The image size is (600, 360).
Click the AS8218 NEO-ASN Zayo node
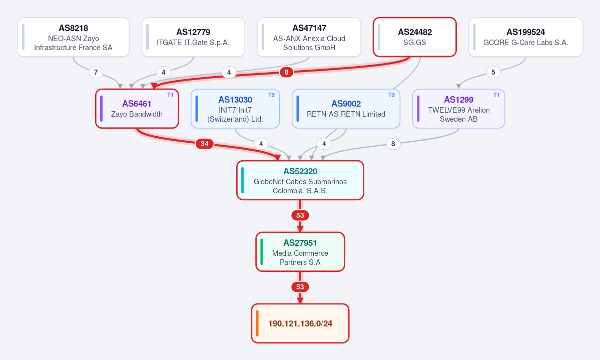click(74, 37)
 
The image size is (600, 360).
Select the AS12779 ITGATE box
click(193, 37)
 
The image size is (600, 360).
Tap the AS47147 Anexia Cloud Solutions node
click(309, 37)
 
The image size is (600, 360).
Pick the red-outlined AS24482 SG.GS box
click(415, 37)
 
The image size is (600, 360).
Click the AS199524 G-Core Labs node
click(526, 37)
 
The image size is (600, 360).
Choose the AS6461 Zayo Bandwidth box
click(137, 109)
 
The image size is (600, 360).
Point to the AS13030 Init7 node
click(235, 109)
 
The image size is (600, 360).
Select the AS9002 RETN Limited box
click(346, 109)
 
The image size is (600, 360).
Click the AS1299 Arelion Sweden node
click(459, 109)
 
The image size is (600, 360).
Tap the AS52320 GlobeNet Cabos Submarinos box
click(300, 180)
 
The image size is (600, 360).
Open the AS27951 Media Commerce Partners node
click(300, 252)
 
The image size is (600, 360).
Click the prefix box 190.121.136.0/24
click(300, 323)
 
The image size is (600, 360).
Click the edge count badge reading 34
click(205, 144)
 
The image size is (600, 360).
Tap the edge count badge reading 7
click(96, 72)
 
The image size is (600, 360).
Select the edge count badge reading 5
click(493, 72)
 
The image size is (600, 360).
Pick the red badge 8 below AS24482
click(287, 72)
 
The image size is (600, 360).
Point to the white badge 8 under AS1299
click(393, 144)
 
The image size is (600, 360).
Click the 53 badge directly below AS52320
click(300, 216)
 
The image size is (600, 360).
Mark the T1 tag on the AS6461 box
click(170, 95)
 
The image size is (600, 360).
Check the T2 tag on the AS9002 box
click(391, 95)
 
